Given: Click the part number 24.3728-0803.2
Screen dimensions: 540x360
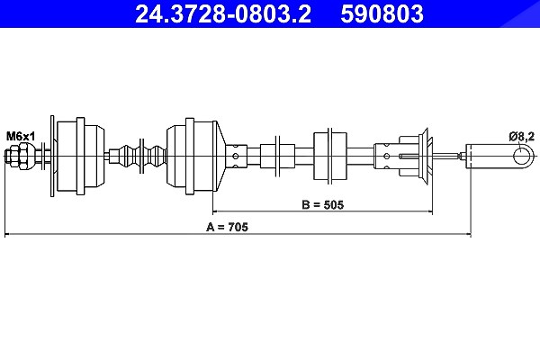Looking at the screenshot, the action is pyautogui.click(x=223, y=13).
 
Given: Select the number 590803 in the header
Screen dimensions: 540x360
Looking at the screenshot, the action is pyautogui.click(x=382, y=13).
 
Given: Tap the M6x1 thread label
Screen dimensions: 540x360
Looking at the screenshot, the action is pyautogui.click(x=21, y=137).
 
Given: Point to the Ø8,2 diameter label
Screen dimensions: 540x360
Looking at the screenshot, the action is pyautogui.click(x=522, y=137).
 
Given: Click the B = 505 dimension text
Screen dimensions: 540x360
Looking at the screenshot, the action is pyautogui.click(x=323, y=204).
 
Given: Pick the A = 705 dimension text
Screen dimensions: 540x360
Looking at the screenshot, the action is pyautogui.click(x=227, y=227).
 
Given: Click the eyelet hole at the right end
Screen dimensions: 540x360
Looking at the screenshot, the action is pyautogui.click(x=521, y=156).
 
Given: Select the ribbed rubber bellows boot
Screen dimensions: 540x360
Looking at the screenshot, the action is pyautogui.click(x=138, y=156).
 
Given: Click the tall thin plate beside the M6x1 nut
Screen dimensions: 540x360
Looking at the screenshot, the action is pyautogui.click(x=52, y=156).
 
